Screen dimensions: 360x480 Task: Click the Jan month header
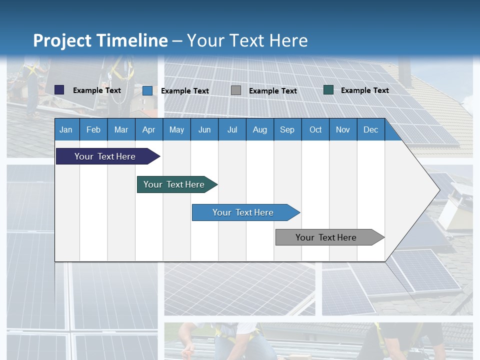(66, 129)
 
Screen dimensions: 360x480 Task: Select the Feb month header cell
(93, 129)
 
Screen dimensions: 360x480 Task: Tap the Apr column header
(148, 129)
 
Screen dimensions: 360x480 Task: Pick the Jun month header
(204, 129)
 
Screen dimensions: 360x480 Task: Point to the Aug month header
(259, 129)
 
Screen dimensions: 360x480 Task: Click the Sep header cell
(287, 129)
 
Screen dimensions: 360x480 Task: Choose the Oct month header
(315, 129)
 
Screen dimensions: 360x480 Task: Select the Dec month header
(370, 129)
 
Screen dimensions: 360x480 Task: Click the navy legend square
(59, 90)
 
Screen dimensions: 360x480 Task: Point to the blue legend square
(147, 90)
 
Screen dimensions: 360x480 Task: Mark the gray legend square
(236, 90)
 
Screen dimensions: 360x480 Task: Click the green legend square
(328, 90)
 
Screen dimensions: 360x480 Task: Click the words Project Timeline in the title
(100, 40)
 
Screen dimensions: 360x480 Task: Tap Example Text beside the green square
(364, 90)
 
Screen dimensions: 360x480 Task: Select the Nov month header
(343, 129)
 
